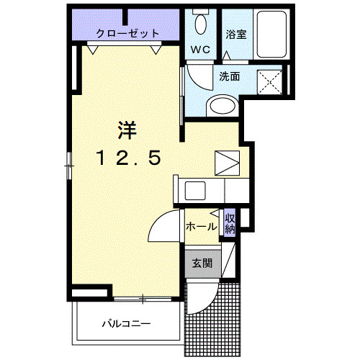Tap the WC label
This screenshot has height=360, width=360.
[199, 50]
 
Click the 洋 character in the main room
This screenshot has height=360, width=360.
[127, 130]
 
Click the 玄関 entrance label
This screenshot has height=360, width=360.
[202, 264]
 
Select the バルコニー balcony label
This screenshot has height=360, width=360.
[125, 323]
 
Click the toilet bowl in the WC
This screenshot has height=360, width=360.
[202, 24]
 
